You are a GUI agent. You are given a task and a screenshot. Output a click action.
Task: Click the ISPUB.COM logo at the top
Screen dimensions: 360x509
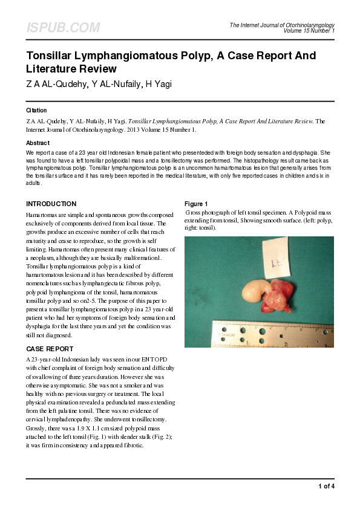point(63,28)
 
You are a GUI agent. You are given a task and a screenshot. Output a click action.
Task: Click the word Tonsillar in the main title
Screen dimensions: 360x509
point(51,56)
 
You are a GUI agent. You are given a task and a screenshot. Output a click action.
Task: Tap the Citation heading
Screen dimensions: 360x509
point(36,111)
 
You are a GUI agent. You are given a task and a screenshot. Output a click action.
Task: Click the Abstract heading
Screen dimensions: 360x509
point(38,143)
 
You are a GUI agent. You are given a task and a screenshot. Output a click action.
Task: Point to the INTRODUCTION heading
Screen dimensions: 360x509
point(51,204)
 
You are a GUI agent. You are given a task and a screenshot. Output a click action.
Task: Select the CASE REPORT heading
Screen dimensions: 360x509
point(50,349)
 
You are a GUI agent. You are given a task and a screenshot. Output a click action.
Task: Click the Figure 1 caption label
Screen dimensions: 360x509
point(196,204)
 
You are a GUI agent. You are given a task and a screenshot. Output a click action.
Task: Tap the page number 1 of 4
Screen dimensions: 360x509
point(326,485)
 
